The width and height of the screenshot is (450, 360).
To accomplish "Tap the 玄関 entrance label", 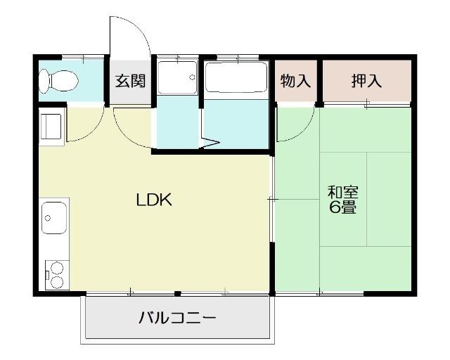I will point(129,81).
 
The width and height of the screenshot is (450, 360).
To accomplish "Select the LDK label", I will point(154,200).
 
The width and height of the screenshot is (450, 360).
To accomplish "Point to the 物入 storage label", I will point(295,81).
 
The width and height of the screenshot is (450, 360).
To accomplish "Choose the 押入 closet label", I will point(366,81).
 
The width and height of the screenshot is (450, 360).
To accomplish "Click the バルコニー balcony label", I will point(176,317).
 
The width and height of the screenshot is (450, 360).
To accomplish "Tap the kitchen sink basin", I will point(53,218).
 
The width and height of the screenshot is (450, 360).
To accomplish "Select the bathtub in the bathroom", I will point(236,79).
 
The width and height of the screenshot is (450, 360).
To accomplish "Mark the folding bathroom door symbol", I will point(211,144).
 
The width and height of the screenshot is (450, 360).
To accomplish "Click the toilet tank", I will point(44,82).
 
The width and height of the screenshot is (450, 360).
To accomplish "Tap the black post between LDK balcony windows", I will point(178,293).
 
